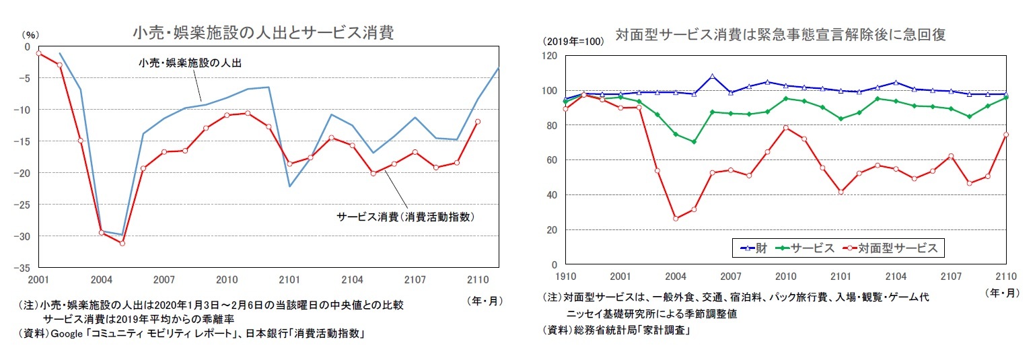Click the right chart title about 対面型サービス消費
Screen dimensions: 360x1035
coord(780,36)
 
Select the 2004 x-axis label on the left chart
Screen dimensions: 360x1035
coord(102,279)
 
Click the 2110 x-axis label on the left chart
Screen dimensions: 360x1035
coord(477,279)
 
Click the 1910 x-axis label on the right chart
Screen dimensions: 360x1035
coord(565,277)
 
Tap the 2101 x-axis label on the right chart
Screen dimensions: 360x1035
coord(841,277)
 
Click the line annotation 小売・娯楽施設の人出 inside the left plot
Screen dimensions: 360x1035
coord(189,63)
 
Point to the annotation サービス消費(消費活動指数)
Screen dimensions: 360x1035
coord(411,217)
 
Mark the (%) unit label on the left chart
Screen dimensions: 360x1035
coord(31,34)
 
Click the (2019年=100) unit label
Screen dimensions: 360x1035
coord(573,41)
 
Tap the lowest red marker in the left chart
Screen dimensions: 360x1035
coord(122,243)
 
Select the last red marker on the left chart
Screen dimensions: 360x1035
coord(478,122)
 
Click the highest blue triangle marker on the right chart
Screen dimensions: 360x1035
coord(713,77)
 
